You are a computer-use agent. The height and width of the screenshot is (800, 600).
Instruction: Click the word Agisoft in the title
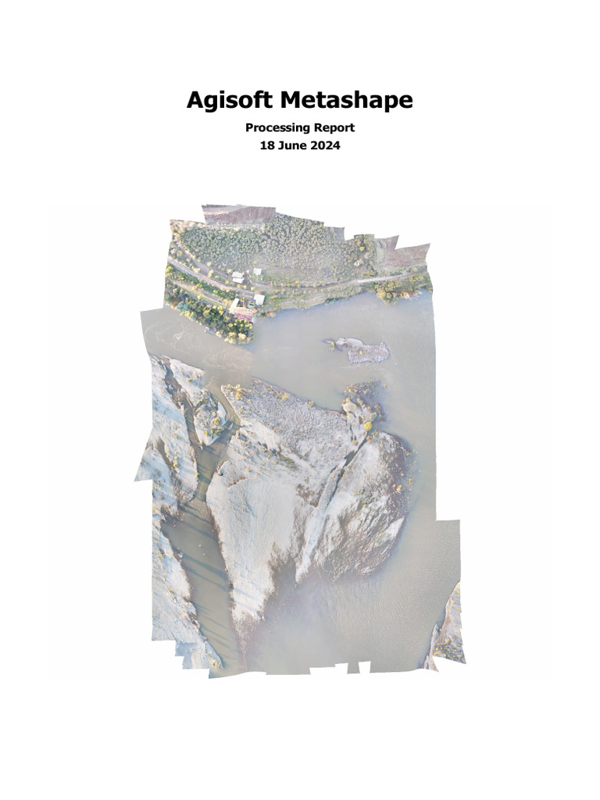coord(230,101)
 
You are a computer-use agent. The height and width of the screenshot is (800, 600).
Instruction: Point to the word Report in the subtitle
coord(334,127)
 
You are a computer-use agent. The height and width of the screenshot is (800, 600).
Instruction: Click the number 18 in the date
coord(266,145)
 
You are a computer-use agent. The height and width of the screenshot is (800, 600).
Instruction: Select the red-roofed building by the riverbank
coord(244,314)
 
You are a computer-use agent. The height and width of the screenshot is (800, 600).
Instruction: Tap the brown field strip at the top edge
coord(238,213)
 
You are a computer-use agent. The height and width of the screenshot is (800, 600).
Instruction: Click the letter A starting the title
coord(195,101)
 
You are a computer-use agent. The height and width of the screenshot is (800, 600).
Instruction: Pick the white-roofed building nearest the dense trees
coord(257,272)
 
